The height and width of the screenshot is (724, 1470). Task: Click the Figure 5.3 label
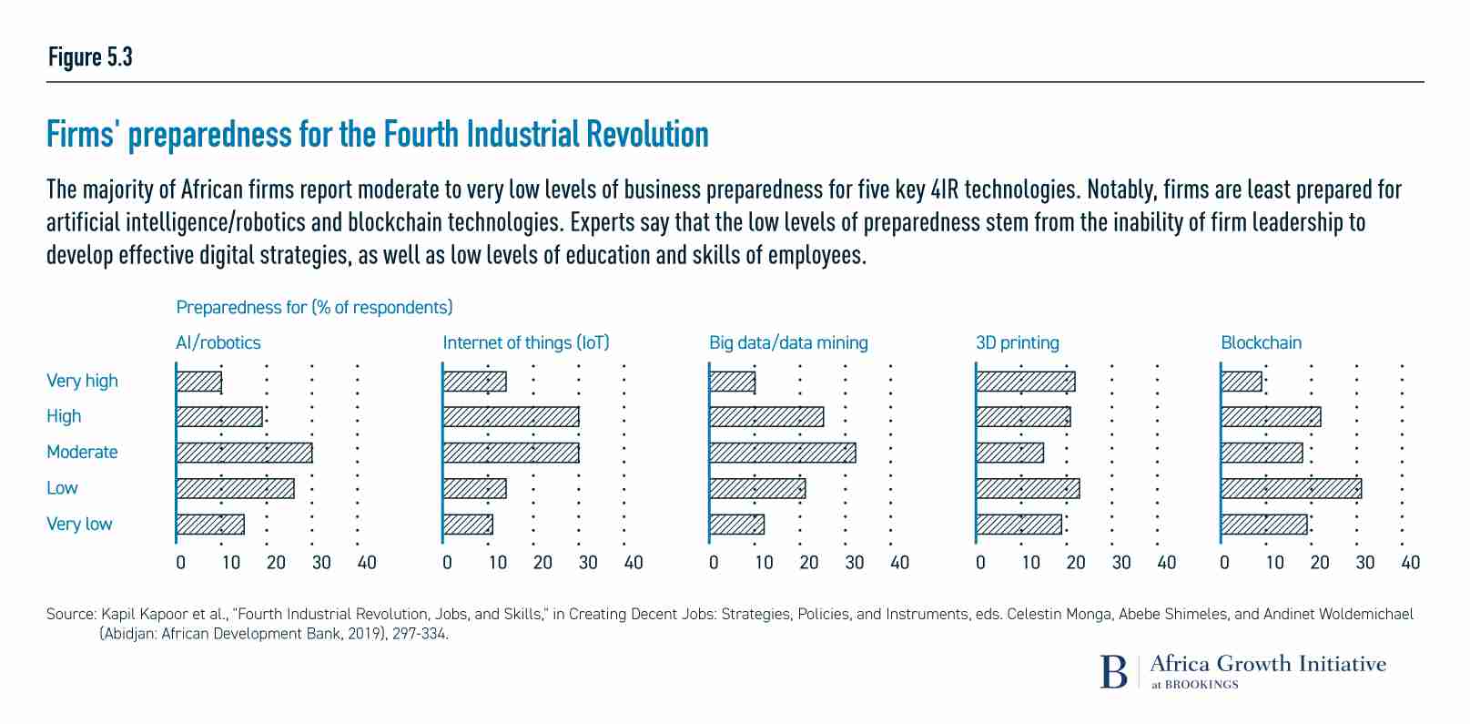[x=90, y=57]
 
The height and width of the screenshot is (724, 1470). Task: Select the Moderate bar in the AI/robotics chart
[x=244, y=453]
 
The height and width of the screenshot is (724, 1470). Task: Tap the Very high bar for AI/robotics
[x=198, y=382]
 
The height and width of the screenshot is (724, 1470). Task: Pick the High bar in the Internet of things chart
[x=511, y=417]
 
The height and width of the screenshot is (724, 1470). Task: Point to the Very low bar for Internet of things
[x=468, y=525]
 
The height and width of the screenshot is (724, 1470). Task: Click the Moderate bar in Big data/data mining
[x=782, y=453]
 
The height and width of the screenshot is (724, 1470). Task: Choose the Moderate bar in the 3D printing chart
[x=1009, y=453]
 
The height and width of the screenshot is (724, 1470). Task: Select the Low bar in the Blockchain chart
[x=1291, y=489]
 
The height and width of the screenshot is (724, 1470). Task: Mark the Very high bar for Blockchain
[x=1242, y=382]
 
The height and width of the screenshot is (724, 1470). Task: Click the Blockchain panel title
[x=1261, y=343]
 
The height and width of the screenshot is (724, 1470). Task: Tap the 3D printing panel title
[x=1017, y=343]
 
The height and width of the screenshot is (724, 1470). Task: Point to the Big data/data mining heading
[x=788, y=343]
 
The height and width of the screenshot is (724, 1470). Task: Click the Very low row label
[x=79, y=525]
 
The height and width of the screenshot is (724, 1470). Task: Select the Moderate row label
[x=82, y=453]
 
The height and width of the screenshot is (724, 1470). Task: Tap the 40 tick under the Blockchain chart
[x=1410, y=563]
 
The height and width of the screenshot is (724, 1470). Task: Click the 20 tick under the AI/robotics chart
[x=276, y=563]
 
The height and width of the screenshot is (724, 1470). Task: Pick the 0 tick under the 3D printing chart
[x=980, y=563]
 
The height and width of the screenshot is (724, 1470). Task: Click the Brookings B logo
[x=1113, y=671]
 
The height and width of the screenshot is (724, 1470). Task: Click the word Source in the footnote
[x=70, y=615]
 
